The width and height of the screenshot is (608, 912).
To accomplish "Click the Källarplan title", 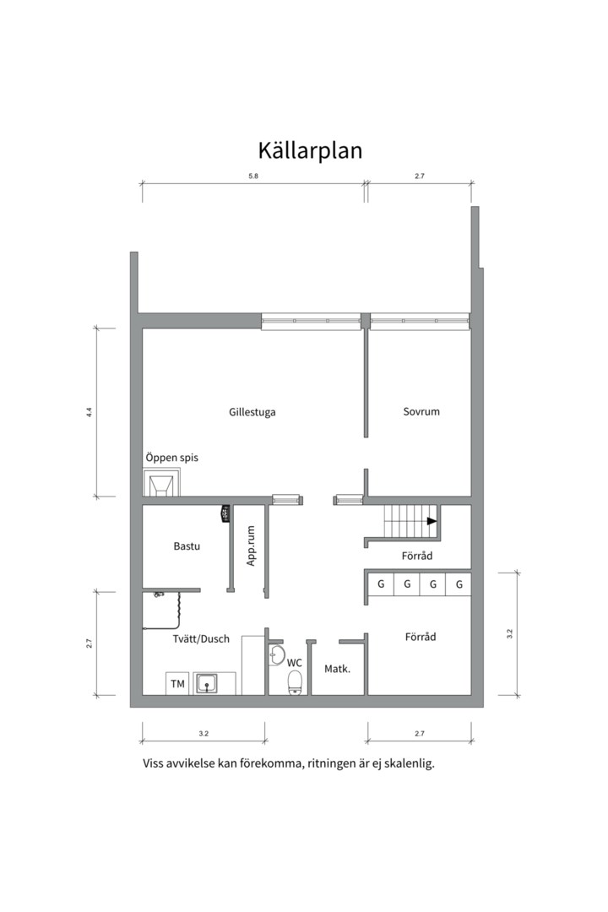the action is pyautogui.click(x=310, y=150).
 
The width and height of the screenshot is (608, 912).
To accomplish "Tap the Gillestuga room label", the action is pyautogui.click(x=252, y=412).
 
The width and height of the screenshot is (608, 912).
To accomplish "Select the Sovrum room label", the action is pyautogui.click(x=421, y=412).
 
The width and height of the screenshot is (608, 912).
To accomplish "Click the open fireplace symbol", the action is pyautogui.click(x=161, y=483).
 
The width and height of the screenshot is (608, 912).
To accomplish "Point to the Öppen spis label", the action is pyautogui.click(x=171, y=457).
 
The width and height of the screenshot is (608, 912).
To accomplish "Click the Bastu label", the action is pyautogui.click(x=187, y=546).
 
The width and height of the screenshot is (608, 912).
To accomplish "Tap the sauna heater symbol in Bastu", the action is pyautogui.click(x=225, y=514).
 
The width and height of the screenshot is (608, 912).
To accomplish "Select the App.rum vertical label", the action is pyautogui.click(x=251, y=546).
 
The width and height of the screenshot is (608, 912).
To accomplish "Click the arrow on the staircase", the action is pyautogui.click(x=432, y=521).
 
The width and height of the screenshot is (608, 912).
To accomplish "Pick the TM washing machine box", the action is pyautogui.click(x=177, y=683).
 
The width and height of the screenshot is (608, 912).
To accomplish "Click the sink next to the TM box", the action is pyautogui.click(x=207, y=683).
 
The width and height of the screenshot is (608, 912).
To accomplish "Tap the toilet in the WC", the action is pyautogui.click(x=296, y=682).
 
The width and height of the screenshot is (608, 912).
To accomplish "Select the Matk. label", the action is pyautogui.click(x=338, y=669).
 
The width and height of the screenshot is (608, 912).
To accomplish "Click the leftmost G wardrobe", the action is pyautogui.click(x=381, y=584).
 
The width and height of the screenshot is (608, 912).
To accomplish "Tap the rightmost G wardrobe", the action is pyautogui.click(x=459, y=584).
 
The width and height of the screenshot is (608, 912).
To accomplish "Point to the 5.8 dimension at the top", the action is pyautogui.click(x=253, y=176).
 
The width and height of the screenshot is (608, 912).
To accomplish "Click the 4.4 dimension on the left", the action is pyautogui.click(x=89, y=412).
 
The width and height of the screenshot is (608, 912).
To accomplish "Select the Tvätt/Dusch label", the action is pyautogui.click(x=201, y=638).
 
